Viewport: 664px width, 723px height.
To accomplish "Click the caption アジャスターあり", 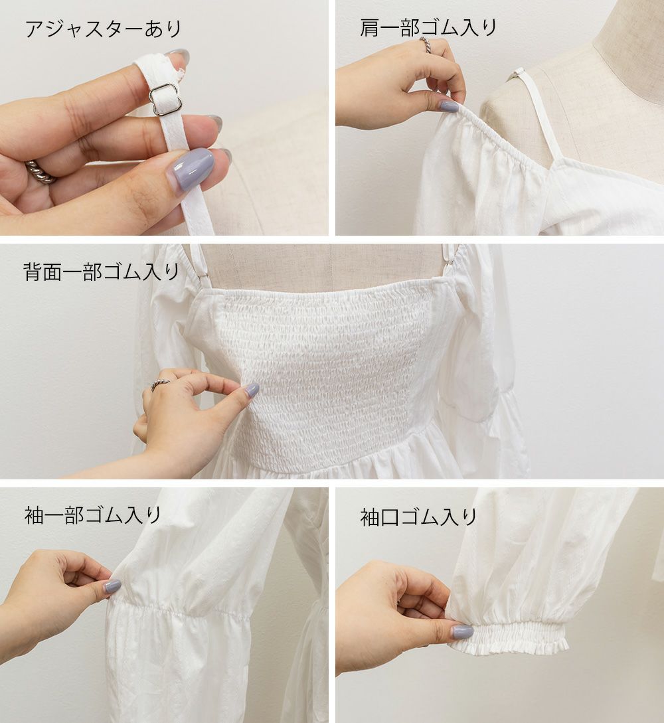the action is coord(104,29).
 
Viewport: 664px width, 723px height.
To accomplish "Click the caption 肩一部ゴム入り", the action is coord(428,28).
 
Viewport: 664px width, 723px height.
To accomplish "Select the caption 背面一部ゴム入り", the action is coord(101,272).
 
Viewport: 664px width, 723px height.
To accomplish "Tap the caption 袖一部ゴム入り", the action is coord(92,515).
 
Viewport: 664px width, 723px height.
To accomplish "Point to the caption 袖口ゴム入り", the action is coord(418,517).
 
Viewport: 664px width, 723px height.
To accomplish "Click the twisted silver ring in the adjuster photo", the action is coord(40,172).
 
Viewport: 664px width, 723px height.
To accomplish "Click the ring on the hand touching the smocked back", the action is coord(160,384).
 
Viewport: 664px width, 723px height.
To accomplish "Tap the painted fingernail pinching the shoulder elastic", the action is coord(449,106).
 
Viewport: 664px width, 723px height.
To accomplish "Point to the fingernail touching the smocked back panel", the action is coord(251,390).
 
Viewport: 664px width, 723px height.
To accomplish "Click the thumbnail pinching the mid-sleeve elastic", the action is coord(112,586).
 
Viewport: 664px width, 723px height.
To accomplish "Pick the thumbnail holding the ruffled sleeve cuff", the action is coord(462,631).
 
